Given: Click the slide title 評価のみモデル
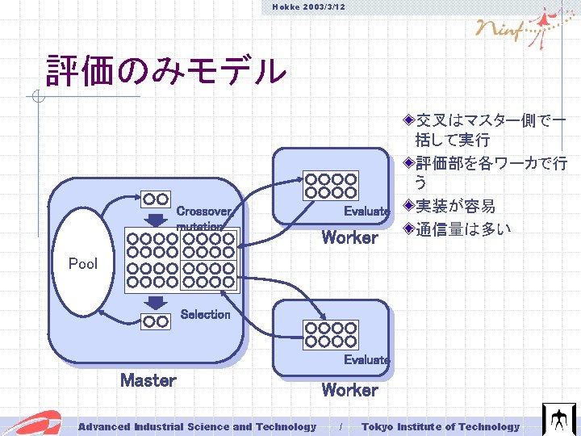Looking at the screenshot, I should click(x=166, y=71).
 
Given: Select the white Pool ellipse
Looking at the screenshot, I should click(x=84, y=262).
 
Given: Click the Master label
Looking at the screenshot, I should click(x=148, y=379).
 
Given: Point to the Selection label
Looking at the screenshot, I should click(x=205, y=314).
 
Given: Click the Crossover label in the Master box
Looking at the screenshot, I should click(x=204, y=211).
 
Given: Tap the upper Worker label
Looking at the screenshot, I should click(x=349, y=237).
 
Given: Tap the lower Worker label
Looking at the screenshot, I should click(x=349, y=389).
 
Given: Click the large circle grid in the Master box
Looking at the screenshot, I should click(x=183, y=259).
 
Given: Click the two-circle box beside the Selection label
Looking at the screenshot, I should click(x=156, y=321).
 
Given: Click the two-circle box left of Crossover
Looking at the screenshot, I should click(x=156, y=199).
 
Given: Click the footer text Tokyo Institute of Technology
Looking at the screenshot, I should click(x=441, y=426).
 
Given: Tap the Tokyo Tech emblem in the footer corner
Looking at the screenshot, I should click(x=558, y=420).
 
